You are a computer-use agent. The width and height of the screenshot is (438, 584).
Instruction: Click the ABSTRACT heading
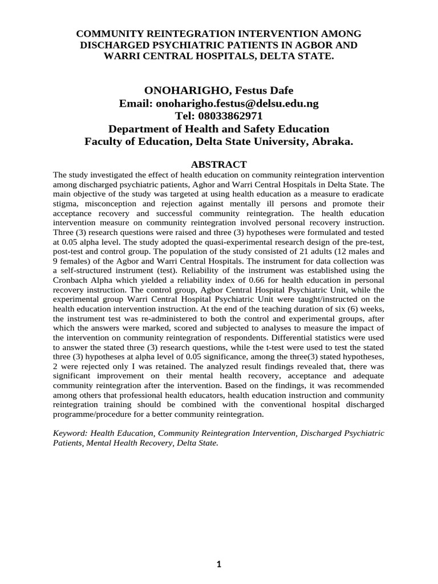click(x=219, y=164)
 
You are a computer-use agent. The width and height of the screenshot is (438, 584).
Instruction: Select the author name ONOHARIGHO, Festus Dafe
click(x=219, y=90)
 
